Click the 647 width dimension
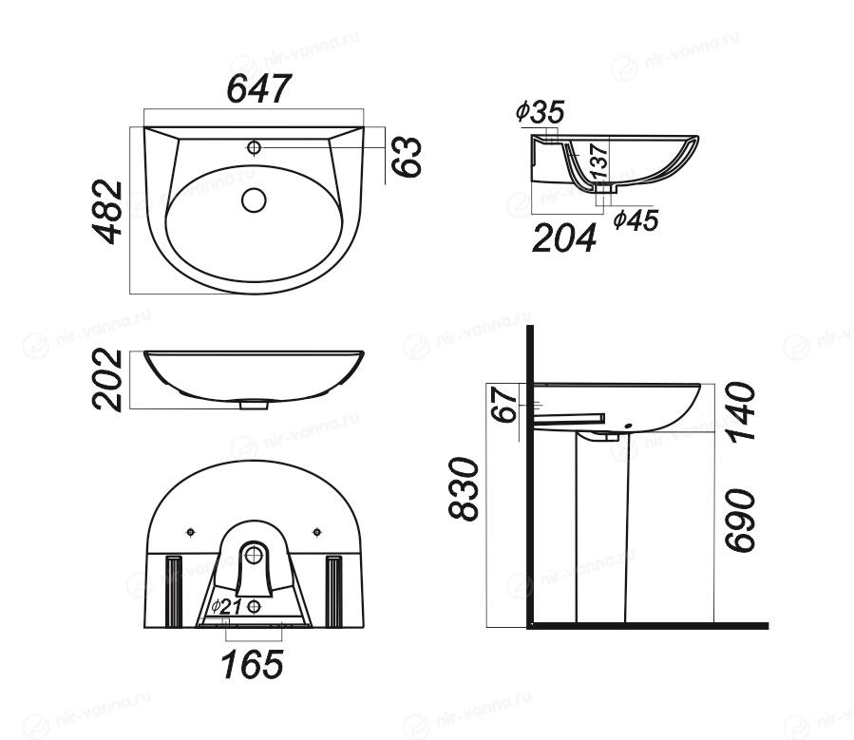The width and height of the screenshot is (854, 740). click(x=259, y=88)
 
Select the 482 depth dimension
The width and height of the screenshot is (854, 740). click(x=106, y=211)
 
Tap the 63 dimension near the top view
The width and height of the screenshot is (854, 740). click(x=407, y=157)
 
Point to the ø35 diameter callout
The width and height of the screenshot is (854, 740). click(x=541, y=112)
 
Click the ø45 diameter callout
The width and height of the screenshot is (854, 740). click(x=636, y=220)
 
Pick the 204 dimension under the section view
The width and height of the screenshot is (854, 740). click(x=563, y=238)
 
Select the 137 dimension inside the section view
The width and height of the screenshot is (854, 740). click(x=599, y=161)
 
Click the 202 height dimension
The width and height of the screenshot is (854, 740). click(x=106, y=380)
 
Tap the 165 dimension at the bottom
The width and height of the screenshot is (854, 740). click(x=253, y=664)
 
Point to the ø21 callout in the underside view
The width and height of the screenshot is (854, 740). click(x=226, y=606)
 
